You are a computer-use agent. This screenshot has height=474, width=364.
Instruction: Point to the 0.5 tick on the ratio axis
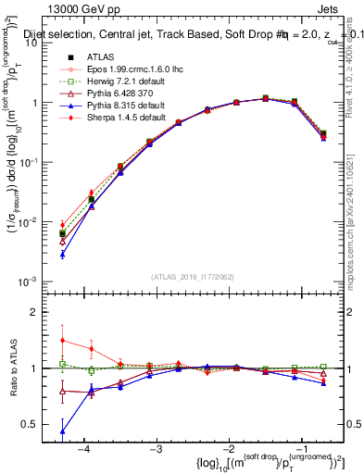pos(41,424)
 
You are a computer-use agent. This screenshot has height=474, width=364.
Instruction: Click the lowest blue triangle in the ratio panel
pos(62,431)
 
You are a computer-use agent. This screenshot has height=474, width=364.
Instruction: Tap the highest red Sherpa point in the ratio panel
pos(62,340)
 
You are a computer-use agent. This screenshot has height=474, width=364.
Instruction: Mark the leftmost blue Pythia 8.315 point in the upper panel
pos(62,254)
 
